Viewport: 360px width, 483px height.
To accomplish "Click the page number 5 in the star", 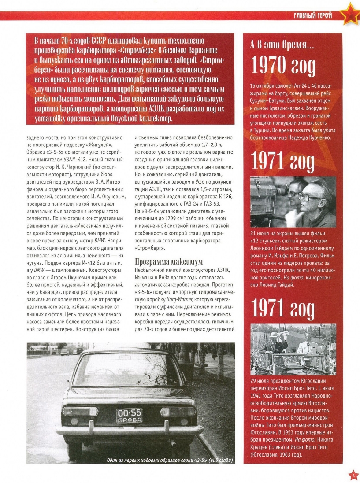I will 352,475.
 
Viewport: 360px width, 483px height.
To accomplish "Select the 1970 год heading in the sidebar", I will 283,66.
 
